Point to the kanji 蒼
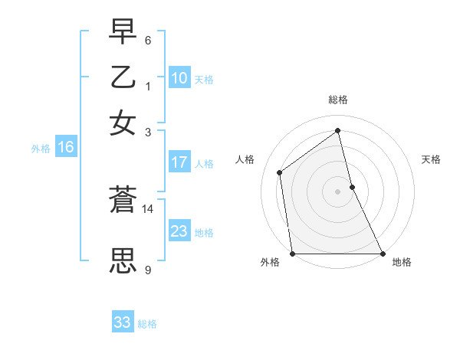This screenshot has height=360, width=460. click(123, 200)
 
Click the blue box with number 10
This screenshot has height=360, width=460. click(179, 78)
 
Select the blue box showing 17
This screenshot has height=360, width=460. click(179, 162)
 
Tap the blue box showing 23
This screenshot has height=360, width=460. click(179, 231)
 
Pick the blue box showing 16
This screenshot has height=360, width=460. click(66, 148)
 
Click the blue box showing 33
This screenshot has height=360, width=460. click(123, 322)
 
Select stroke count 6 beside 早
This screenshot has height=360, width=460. click(147, 40)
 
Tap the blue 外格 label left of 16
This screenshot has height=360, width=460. click(41, 149)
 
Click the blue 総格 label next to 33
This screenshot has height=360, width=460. click(147, 324)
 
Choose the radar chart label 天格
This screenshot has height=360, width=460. click(431, 159)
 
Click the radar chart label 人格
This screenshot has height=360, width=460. click(245, 159)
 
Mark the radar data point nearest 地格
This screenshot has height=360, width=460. click(383, 254)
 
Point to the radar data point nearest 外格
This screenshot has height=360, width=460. click(292, 254)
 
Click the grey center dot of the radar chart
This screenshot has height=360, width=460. click(337, 191)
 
